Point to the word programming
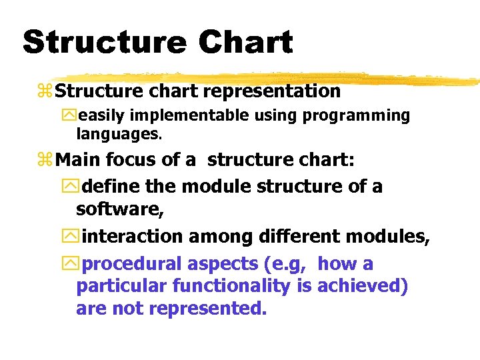[356, 116]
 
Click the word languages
[118, 134]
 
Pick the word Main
[80, 160]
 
